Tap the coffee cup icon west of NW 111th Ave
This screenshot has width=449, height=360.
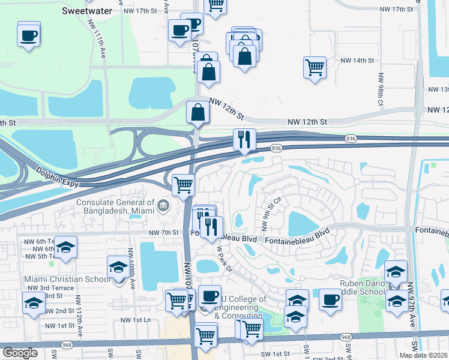[x=29, y=35]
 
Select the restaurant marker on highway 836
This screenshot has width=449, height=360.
[x=244, y=140]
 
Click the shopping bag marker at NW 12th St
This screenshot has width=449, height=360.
[x=197, y=113]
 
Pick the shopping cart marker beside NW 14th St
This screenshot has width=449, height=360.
[x=315, y=67]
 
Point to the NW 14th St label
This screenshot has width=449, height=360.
[x=357, y=61]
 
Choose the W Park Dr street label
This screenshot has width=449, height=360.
[x=224, y=259]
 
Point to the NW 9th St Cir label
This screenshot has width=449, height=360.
[x=270, y=213]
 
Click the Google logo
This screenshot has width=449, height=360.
[x=20, y=352]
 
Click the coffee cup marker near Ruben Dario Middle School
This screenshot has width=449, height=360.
[x=330, y=299]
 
